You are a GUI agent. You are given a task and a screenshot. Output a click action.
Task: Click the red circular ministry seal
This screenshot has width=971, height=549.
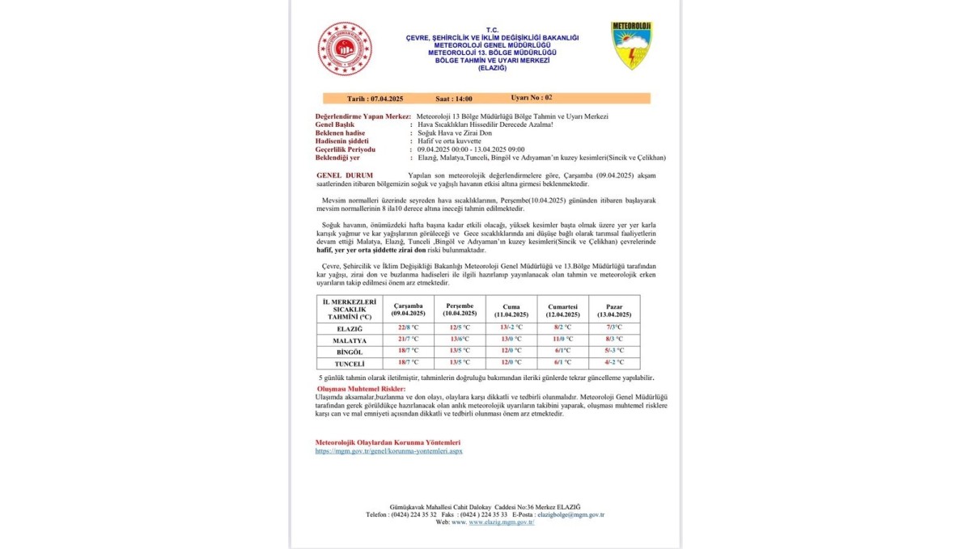point(345,49)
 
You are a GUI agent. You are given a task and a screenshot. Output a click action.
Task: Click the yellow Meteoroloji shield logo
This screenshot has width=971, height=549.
point(631,45)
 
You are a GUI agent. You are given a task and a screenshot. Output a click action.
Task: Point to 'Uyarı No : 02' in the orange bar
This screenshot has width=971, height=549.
point(532,97)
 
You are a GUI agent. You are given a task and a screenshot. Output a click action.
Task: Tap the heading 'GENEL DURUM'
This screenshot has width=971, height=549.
point(345,175)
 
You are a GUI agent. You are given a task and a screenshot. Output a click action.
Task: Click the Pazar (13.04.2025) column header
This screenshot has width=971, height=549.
point(613,310)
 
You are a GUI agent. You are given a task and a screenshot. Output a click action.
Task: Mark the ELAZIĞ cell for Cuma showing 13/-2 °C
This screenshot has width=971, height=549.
point(511,327)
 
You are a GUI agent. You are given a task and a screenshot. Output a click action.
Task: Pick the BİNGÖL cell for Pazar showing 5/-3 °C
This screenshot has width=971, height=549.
point(613,352)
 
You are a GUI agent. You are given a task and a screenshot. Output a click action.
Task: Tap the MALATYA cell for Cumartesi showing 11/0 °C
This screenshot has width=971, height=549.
point(562,340)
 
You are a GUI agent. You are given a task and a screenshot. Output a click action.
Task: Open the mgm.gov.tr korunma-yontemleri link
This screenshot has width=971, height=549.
point(388,451)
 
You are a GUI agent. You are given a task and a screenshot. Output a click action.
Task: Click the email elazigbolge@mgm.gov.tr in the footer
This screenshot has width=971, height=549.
point(571,514)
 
